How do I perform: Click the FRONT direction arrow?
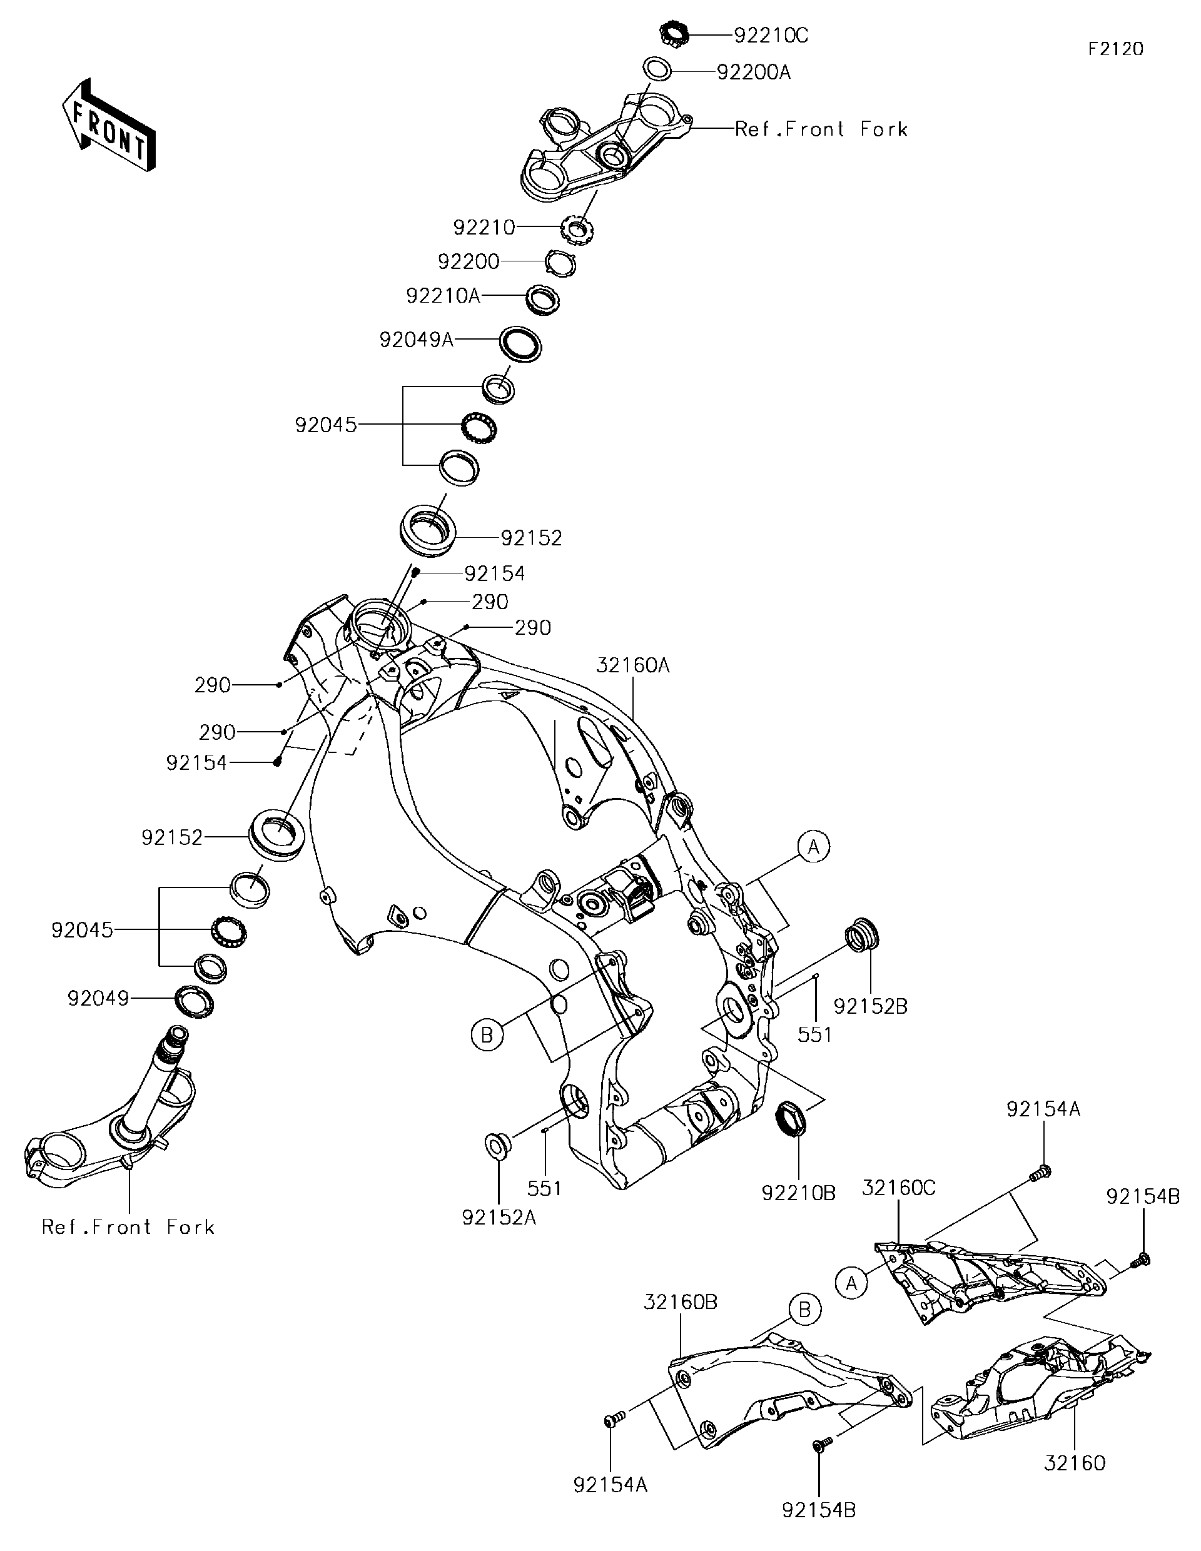(109, 125)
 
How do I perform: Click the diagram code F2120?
(1116, 49)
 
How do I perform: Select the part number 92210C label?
(771, 36)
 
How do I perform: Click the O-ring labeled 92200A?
(657, 70)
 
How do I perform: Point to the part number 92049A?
(416, 340)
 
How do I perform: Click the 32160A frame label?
(633, 665)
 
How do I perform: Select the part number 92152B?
(870, 1006)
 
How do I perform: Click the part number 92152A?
(499, 1217)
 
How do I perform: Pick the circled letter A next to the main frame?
(814, 847)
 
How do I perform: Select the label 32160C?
(898, 1188)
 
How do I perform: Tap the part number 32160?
(1075, 1463)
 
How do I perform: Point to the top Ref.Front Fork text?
(821, 129)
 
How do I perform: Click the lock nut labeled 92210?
(577, 230)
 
